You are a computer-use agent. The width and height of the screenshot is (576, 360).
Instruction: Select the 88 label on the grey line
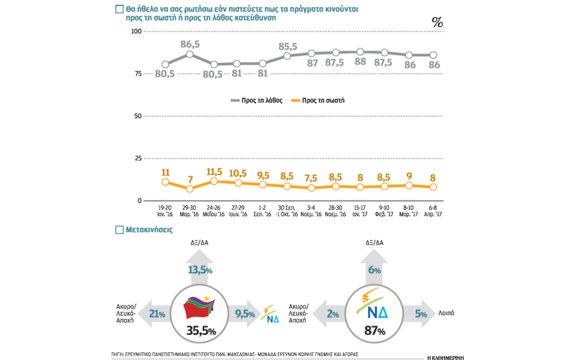pos(360,62)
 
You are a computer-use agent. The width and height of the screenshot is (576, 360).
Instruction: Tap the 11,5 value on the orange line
pos(214,172)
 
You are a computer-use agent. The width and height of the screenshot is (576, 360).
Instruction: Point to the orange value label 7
pos(190,179)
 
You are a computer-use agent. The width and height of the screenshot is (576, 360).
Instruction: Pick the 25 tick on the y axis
pos(137,158)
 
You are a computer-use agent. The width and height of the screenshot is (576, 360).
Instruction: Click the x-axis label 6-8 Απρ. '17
pos(433,211)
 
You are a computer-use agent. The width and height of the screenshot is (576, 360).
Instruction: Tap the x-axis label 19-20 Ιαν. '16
pos(166,211)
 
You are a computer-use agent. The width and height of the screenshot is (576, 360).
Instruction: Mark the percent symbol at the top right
pos(437,23)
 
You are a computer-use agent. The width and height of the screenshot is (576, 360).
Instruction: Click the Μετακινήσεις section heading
pos(149,229)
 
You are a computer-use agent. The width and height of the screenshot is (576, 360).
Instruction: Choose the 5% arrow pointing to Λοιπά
pos(420,313)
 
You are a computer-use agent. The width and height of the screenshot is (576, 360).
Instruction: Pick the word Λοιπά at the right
pos(446,313)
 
